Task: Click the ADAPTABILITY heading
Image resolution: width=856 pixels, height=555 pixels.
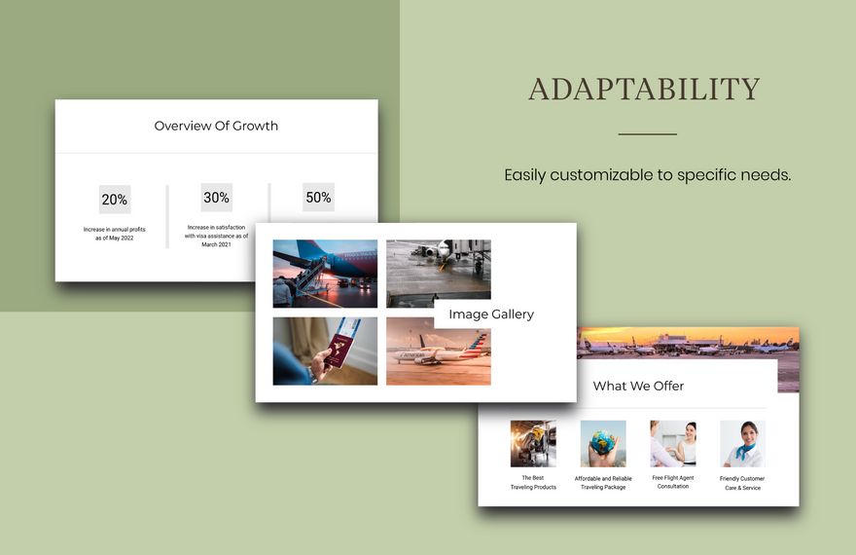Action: point(644,89)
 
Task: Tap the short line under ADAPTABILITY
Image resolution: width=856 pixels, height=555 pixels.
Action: point(648,133)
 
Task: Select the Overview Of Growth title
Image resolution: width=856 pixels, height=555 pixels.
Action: point(216,126)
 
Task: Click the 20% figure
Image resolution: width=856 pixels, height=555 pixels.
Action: point(115,200)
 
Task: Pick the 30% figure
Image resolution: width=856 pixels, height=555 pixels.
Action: point(216,198)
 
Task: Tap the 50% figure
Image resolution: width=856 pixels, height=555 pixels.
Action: point(318,198)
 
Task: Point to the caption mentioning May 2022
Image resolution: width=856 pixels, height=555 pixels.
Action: point(114,234)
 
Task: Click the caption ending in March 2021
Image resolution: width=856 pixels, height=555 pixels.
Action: point(216,236)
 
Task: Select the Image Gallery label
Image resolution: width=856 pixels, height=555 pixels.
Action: point(491,314)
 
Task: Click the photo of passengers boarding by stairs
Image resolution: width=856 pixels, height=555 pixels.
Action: point(325,274)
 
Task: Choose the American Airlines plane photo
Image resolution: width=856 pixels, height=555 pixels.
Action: point(439,351)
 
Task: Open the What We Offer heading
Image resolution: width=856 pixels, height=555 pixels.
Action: point(638,386)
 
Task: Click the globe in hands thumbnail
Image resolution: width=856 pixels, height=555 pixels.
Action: point(603,444)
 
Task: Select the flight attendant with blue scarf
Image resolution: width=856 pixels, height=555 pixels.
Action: point(742,444)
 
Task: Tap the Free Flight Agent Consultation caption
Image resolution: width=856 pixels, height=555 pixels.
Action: point(673,482)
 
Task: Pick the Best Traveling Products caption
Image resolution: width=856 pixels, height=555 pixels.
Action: point(533,482)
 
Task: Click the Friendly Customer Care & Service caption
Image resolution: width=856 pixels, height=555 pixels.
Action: point(742,483)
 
